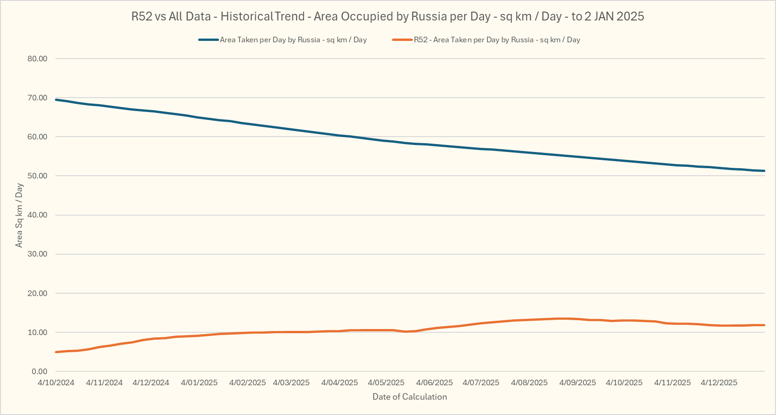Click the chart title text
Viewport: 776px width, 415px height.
point(387,17)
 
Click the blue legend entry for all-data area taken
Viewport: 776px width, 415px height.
point(293,40)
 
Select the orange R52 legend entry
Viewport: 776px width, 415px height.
point(497,40)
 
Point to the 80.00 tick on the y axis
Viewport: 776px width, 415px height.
point(37,59)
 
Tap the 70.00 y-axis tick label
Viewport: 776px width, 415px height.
point(37,98)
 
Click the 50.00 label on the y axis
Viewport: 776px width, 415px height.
point(37,176)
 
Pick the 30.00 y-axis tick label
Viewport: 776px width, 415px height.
point(37,254)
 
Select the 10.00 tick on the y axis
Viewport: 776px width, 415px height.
point(37,332)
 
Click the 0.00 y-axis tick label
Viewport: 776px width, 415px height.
point(40,371)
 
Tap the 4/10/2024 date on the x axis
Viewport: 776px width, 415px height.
point(56,382)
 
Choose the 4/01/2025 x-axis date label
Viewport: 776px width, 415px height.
point(199,382)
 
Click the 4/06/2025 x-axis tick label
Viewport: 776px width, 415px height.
point(434,382)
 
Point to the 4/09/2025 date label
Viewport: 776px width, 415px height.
point(577,382)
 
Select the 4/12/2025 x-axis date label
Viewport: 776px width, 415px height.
point(719,382)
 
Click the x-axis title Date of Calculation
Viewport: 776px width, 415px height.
point(410,397)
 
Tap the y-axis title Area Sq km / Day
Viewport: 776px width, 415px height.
point(19,215)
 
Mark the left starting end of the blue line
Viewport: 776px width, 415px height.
point(56,99)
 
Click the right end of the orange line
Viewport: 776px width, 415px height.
point(764,325)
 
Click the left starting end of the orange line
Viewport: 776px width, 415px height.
point(56,352)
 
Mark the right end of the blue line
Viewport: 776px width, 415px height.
point(764,171)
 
